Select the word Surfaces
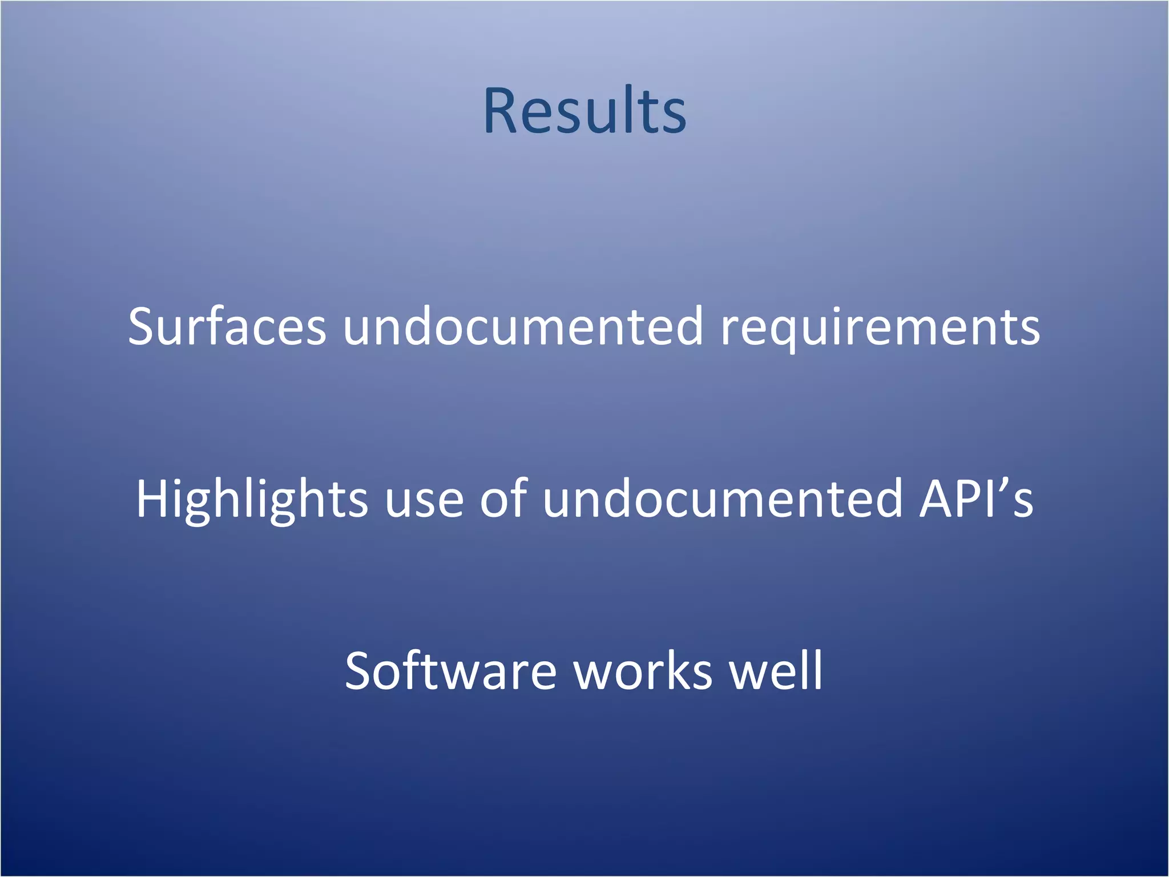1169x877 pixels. click(227, 327)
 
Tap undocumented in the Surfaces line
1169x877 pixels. click(522, 327)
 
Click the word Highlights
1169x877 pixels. click(252, 499)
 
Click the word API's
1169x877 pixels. click(975, 499)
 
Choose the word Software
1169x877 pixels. click(450, 671)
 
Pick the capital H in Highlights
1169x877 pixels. click(153, 499)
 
